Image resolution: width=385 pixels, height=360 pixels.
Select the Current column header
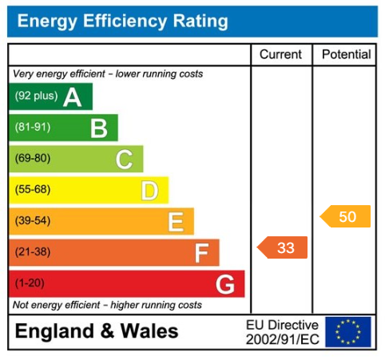click(281, 54)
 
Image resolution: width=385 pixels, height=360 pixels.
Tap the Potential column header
click(346, 54)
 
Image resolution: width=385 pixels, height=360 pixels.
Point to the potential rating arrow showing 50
click(346, 216)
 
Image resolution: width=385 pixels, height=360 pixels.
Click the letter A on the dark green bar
click(73, 97)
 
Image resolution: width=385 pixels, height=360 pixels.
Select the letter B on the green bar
click(98, 128)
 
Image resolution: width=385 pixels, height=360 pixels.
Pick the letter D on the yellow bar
click(149, 191)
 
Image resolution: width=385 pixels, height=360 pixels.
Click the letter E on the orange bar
click(176, 222)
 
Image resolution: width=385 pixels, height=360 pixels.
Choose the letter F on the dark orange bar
click(201, 253)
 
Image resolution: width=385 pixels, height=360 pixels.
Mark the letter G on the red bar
click(226, 284)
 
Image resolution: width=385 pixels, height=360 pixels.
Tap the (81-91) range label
click(33, 128)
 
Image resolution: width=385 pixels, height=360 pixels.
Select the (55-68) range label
click(33, 190)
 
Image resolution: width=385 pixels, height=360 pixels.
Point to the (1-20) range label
click(30, 284)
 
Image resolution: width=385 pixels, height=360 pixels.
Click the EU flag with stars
click(348, 331)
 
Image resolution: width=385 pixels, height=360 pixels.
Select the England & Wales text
click(97, 331)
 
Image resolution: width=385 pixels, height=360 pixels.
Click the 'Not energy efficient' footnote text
click(107, 305)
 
